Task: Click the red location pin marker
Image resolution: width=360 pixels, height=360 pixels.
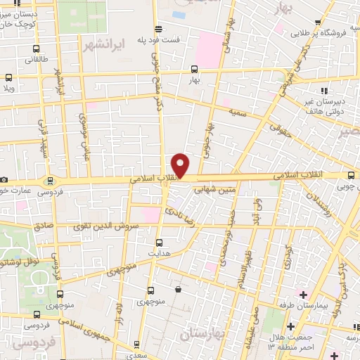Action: point(181,164)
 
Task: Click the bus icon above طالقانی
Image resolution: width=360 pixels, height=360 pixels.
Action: point(35,49)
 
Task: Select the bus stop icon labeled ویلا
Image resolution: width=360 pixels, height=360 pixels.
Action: point(9,78)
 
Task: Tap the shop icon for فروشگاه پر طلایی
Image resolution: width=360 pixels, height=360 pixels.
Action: point(319,22)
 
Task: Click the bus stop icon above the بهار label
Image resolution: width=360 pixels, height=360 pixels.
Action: point(194,70)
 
